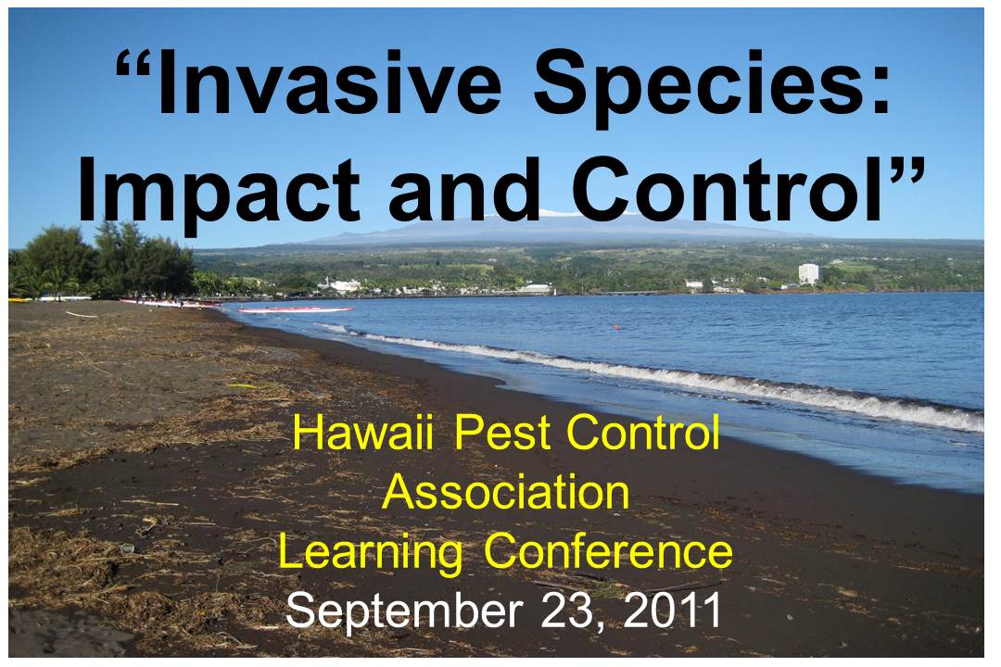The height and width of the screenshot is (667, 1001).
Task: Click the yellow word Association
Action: (x=506, y=492)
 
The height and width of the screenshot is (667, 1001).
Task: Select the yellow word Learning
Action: (x=370, y=553)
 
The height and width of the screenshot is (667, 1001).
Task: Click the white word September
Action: (x=404, y=612)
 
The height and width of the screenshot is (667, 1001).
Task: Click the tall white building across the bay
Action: (x=808, y=274)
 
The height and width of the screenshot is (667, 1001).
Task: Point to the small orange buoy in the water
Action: (x=616, y=327)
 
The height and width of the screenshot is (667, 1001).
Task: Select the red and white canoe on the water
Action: (x=295, y=310)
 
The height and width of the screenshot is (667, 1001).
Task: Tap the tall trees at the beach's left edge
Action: (x=102, y=260)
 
